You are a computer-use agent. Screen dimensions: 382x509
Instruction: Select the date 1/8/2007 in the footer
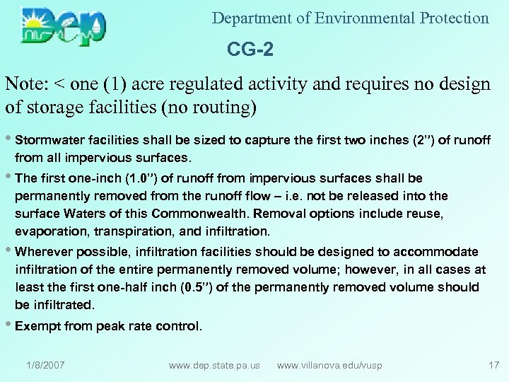coord(45,365)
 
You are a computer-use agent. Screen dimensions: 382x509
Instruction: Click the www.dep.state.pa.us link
coord(214,365)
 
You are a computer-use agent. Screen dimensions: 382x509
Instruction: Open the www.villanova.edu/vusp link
coord(329,365)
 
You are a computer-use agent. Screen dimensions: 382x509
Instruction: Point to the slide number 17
coord(493,365)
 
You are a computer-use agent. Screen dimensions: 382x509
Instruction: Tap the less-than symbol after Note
coord(60,85)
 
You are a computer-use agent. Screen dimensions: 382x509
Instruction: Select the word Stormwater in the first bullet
coord(50,140)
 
